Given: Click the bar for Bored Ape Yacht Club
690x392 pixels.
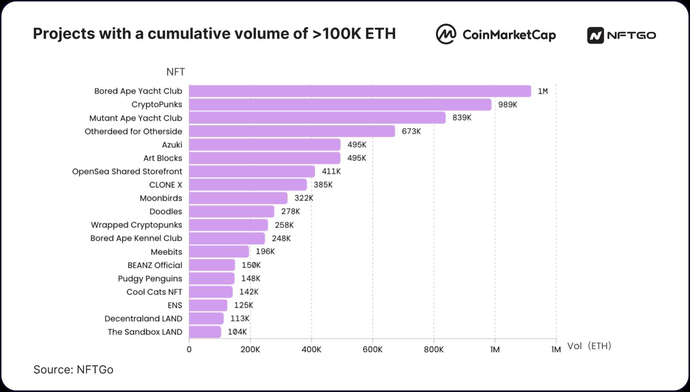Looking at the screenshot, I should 360,91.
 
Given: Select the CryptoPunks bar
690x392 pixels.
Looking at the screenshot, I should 340,105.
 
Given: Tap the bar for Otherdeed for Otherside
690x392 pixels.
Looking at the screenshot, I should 292,131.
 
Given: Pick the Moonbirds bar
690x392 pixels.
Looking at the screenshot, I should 238,198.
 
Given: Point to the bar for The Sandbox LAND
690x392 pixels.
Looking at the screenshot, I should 205,332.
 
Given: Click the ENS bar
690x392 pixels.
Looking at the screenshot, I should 208,305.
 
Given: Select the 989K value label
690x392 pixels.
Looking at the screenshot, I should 507,105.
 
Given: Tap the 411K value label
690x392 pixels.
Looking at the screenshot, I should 331,171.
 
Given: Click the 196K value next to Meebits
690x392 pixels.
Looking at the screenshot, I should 265,252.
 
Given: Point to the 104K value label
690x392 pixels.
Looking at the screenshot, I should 237,332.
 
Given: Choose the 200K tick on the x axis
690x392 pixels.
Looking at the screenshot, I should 250,350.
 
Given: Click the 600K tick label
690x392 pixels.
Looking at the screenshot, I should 372,350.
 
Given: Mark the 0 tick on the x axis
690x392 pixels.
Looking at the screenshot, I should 189,350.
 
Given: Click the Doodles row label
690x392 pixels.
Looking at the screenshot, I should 166,212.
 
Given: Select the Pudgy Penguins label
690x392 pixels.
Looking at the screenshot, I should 150,279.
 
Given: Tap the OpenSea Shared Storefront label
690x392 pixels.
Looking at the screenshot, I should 127,171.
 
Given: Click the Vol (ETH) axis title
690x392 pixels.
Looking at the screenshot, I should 589,346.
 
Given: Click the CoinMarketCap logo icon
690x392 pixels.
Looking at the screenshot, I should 446,34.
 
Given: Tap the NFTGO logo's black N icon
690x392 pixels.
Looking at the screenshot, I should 595,36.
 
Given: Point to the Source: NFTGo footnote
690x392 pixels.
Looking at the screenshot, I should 73,370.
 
